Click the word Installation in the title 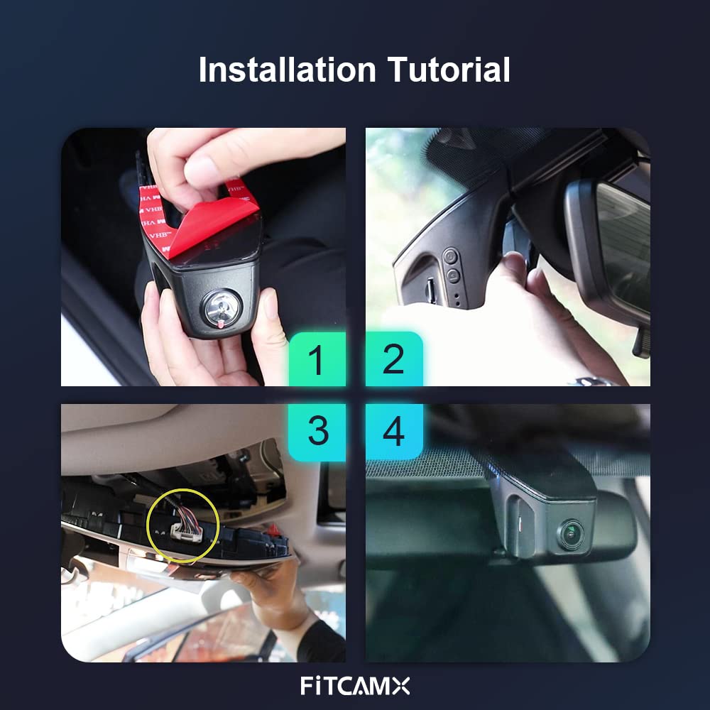click(x=288, y=70)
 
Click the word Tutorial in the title click(x=449, y=70)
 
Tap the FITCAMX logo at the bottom click(x=355, y=686)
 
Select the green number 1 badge click(x=317, y=359)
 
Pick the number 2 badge click(x=394, y=359)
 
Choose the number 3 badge click(x=317, y=432)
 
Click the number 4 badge click(x=394, y=432)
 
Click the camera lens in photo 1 click(x=222, y=307)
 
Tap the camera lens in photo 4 click(x=572, y=535)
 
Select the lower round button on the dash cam click(x=453, y=275)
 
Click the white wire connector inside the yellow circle click(x=185, y=532)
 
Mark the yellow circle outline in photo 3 click(x=148, y=525)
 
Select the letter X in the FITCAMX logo click(x=400, y=686)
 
